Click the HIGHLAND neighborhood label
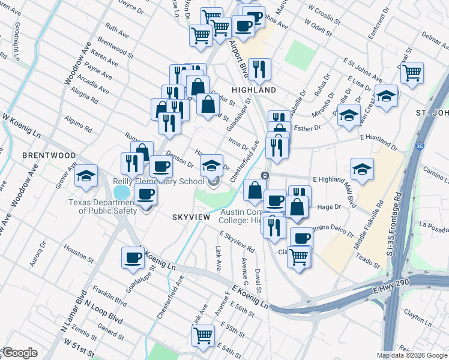coord(254,90)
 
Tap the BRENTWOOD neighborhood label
coord(49,155)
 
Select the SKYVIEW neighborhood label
coord(190,217)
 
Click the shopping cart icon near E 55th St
coord(203,336)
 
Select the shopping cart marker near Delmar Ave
coord(412,73)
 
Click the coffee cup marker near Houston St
coord(133,257)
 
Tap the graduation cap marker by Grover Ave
coord(86,175)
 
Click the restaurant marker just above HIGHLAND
coord(259,69)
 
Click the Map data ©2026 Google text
coord(411,355)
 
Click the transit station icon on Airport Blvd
coord(264,175)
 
